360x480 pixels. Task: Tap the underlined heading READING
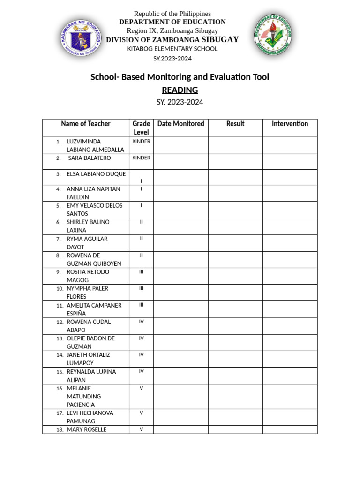[x=180, y=90]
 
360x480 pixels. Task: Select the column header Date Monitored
[x=180, y=124]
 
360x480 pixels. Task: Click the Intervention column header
[x=290, y=124]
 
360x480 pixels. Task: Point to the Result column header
[x=235, y=124]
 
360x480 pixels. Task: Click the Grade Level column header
[x=141, y=128]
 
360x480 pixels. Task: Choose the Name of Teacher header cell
[x=86, y=124]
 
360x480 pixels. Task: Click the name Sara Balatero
[x=90, y=158]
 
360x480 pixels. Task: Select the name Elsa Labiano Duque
[x=96, y=174]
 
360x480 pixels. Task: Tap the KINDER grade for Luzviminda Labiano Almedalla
[x=141, y=141]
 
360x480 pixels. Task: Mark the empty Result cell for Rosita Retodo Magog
[x=235, y=276]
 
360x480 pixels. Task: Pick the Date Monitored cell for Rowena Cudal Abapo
[x=180, y=326]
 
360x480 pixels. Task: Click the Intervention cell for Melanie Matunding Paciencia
[x=290, y=397]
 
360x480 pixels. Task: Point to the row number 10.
[x=60, y=289]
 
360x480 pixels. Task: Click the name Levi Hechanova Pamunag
[x=90, y=417]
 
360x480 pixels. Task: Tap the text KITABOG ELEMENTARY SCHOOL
[x=172, y=49]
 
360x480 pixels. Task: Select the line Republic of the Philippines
[x=172, y=14]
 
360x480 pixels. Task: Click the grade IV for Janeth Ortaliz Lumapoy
[x=141, y=355]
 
